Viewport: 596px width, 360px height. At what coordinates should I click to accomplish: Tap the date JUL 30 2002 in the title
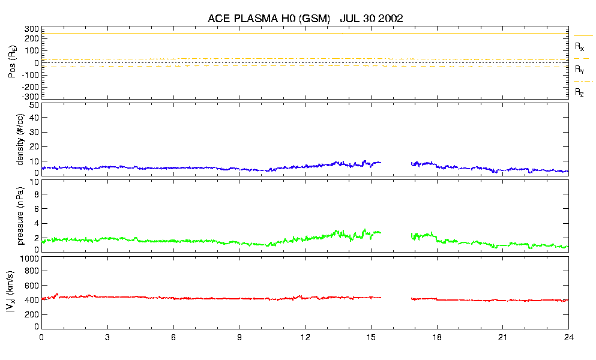371,19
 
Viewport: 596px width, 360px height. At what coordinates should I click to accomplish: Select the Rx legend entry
579,46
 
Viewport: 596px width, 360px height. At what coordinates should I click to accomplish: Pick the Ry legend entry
579,69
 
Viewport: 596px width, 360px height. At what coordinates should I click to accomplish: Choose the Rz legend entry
579,92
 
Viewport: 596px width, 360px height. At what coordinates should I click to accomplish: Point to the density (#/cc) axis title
21,139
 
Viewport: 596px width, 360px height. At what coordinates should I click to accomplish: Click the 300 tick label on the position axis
32,29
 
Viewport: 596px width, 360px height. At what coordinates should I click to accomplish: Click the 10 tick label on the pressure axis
34,194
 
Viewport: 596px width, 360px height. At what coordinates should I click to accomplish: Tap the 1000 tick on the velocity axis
29,259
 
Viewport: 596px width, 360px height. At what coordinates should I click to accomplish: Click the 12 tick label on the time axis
305,338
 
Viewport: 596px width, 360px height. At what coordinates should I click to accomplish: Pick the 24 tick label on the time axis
568,338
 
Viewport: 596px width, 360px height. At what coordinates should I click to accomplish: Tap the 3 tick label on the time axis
107,338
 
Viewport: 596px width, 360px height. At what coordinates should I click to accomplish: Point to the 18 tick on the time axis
437,338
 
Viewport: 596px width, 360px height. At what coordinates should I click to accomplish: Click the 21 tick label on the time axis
503,338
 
